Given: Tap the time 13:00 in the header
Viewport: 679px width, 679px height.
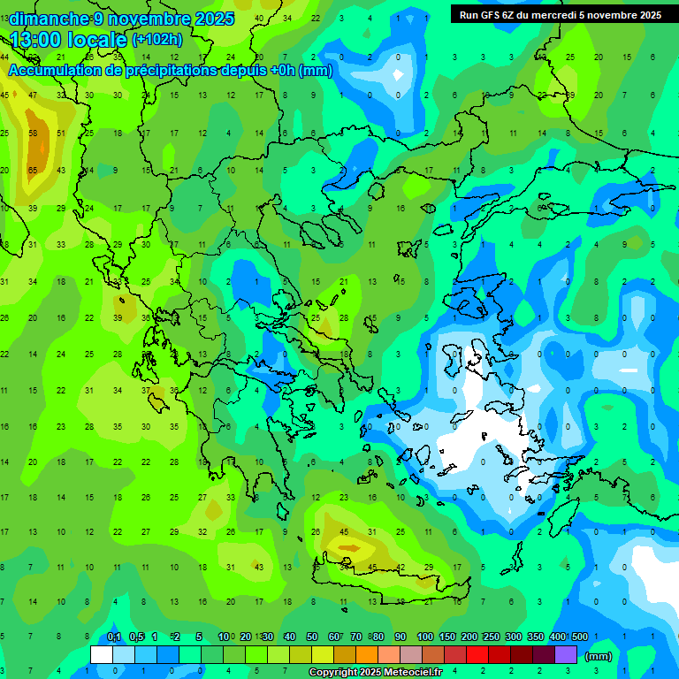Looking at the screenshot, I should coord(43,39).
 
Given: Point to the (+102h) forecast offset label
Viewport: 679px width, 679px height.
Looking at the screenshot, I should coord(157,40).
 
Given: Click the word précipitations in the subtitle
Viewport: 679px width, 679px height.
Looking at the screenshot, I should coord(169,71).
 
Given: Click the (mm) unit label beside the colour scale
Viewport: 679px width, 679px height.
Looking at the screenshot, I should coord(599,656).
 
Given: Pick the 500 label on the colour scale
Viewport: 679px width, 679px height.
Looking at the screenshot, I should coord(580,637).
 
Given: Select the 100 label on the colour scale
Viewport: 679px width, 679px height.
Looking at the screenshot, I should coord(425,637).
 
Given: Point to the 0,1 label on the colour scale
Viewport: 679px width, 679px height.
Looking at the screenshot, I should coord(114,637).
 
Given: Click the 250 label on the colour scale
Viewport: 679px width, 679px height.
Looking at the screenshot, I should coord(492,637).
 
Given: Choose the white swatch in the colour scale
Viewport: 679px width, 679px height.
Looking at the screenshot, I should coord(102,655).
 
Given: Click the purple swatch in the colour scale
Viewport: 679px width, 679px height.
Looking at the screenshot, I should coord(566,655).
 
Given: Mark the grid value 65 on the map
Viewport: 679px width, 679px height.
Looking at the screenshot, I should coord(33,170).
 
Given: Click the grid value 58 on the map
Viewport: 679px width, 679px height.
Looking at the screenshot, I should coord(33,133).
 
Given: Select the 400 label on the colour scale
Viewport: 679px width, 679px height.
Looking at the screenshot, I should coord(558,637).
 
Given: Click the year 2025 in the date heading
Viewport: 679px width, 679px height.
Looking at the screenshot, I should coord(215,19).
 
